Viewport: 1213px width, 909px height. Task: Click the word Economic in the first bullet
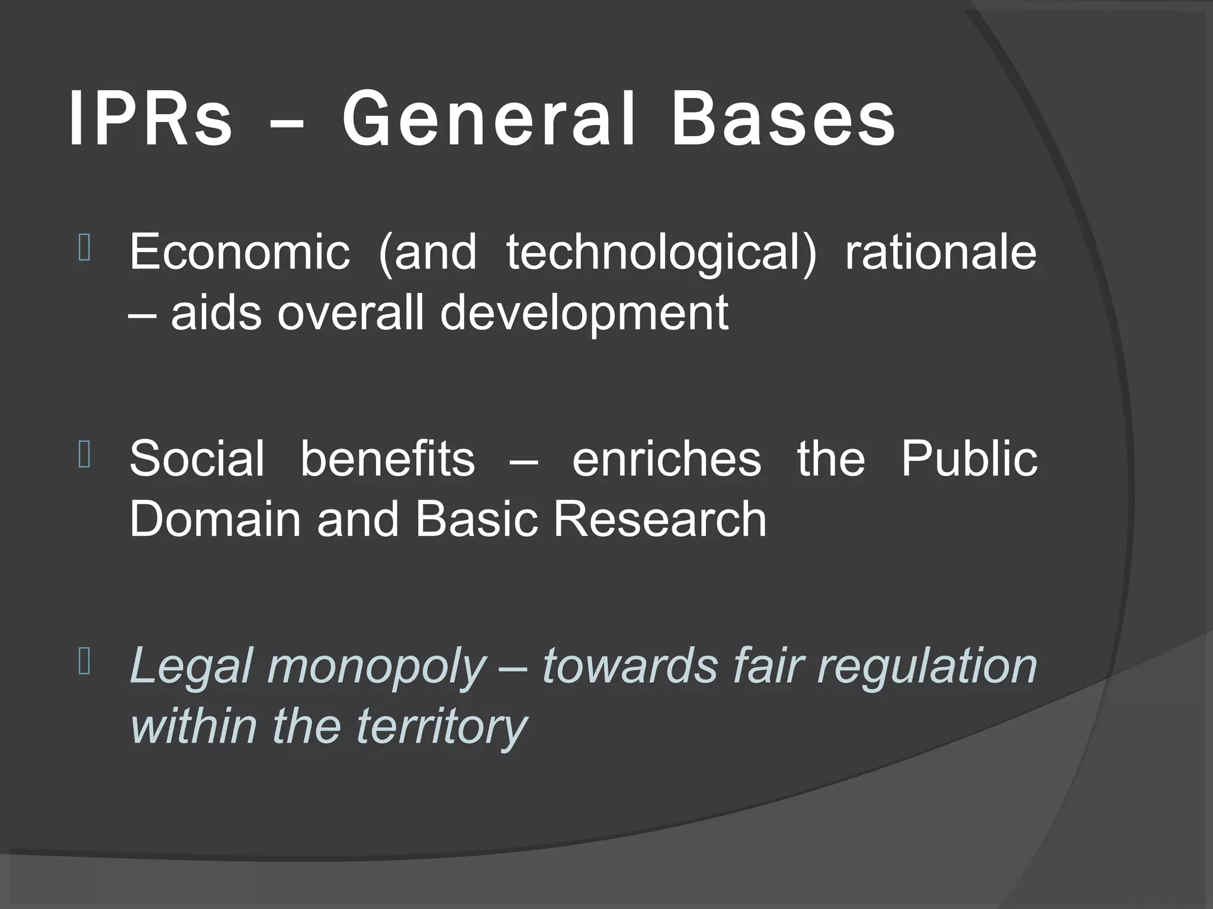[239, 252]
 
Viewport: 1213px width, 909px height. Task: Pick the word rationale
[941, 252]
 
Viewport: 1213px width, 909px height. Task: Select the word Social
[197, 458]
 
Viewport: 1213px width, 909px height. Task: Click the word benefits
[387, 458]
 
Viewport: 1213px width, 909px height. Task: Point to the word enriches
[666, 459]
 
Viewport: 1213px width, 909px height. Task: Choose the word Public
[969, 458]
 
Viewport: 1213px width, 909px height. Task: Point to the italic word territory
[441, 727]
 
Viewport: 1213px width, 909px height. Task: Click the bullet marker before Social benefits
[84, 456]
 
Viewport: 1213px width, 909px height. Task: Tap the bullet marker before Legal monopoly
[84, 663]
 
